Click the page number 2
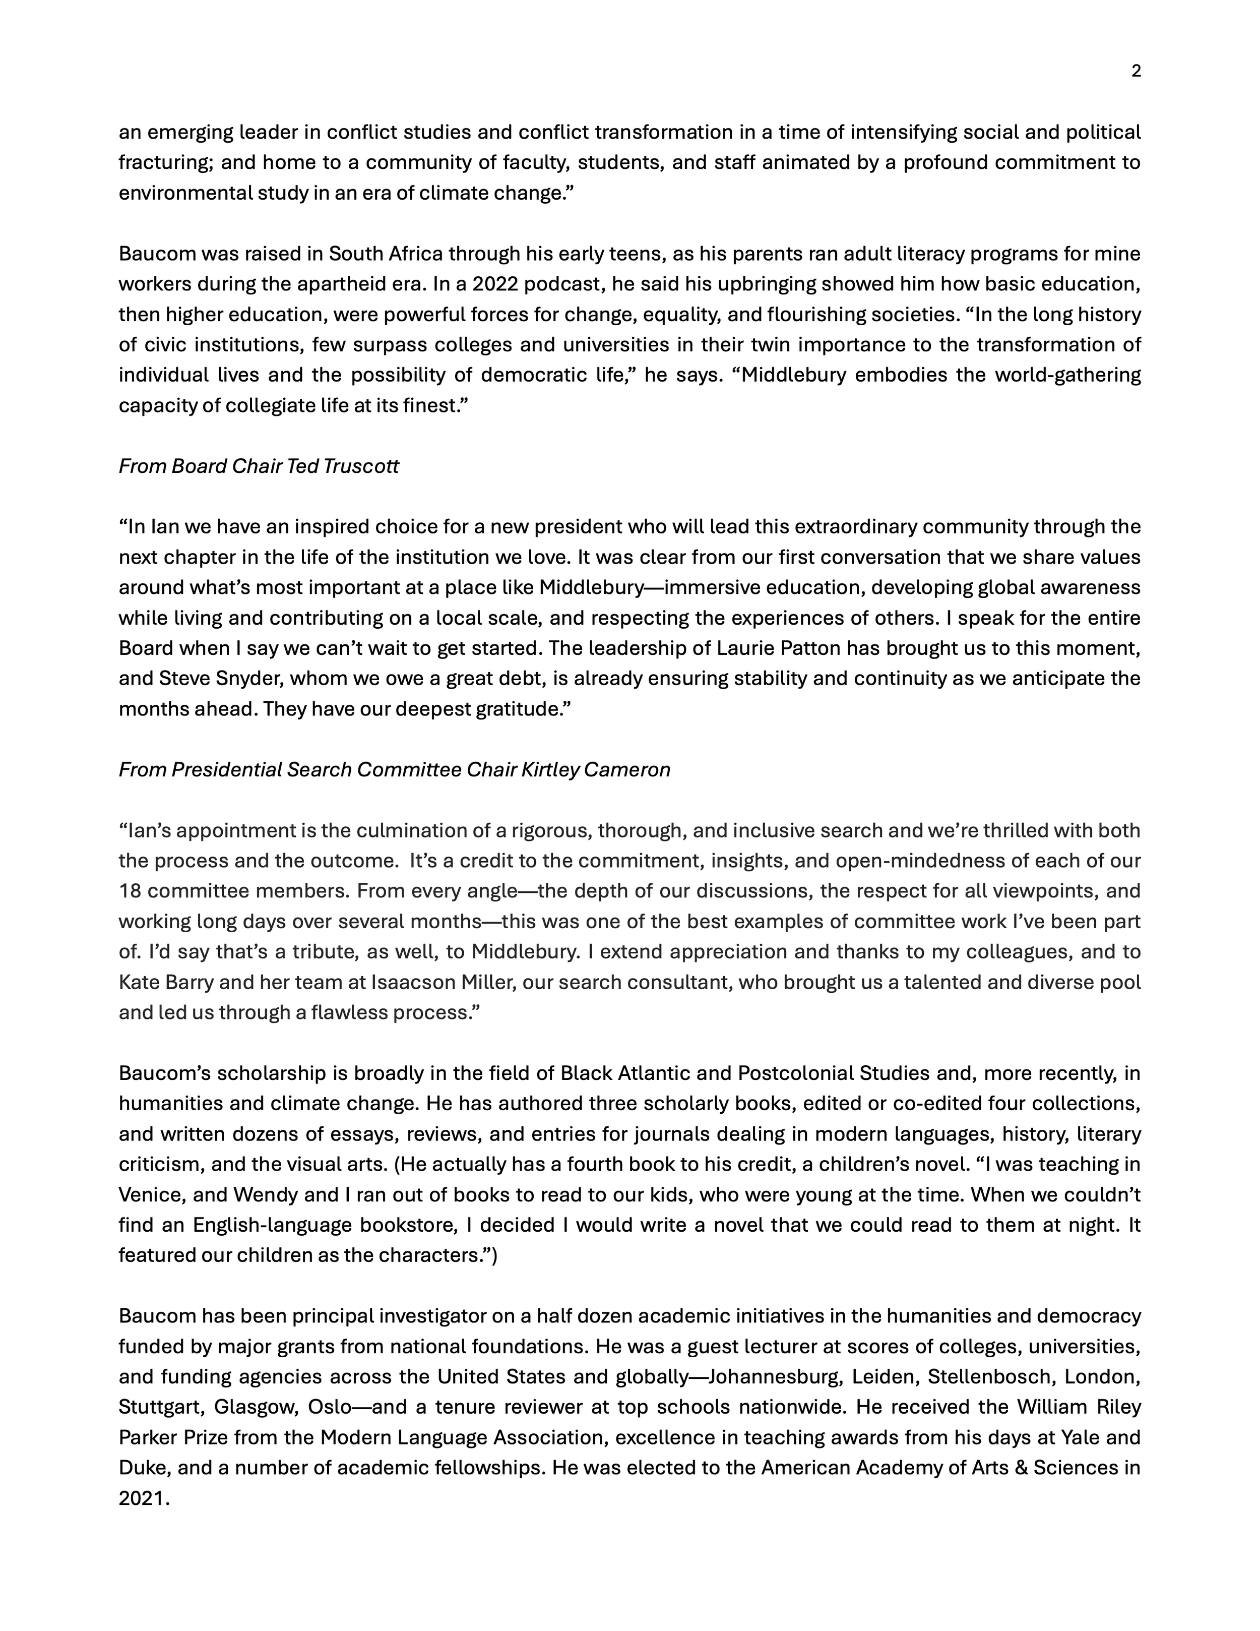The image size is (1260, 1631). click(1136, 72)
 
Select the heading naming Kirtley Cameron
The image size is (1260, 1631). click(394, 770)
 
